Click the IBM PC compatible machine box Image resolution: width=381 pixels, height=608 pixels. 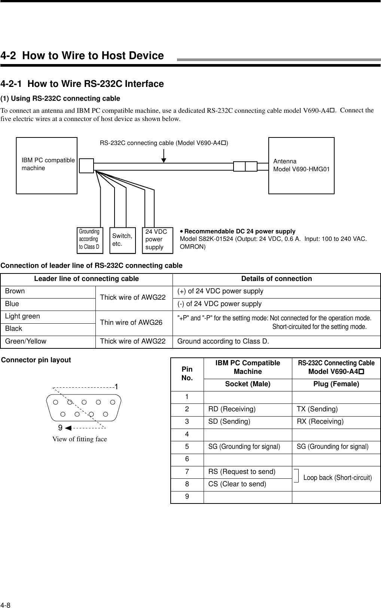(46, 165)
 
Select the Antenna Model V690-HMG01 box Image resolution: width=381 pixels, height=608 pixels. (301, 165)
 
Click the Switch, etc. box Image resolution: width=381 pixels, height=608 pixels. (122, 240)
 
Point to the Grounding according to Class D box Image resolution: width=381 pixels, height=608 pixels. (89, 239)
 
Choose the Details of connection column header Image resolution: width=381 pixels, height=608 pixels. (276, 279)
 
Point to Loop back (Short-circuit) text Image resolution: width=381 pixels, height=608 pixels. (338, 478)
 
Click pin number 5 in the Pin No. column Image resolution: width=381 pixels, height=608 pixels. (187, 447)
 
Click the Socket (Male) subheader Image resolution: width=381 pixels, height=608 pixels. (247, 384)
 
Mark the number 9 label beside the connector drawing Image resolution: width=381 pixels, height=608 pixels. (60, 427)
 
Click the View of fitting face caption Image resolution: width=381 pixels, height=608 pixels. (79, 439)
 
